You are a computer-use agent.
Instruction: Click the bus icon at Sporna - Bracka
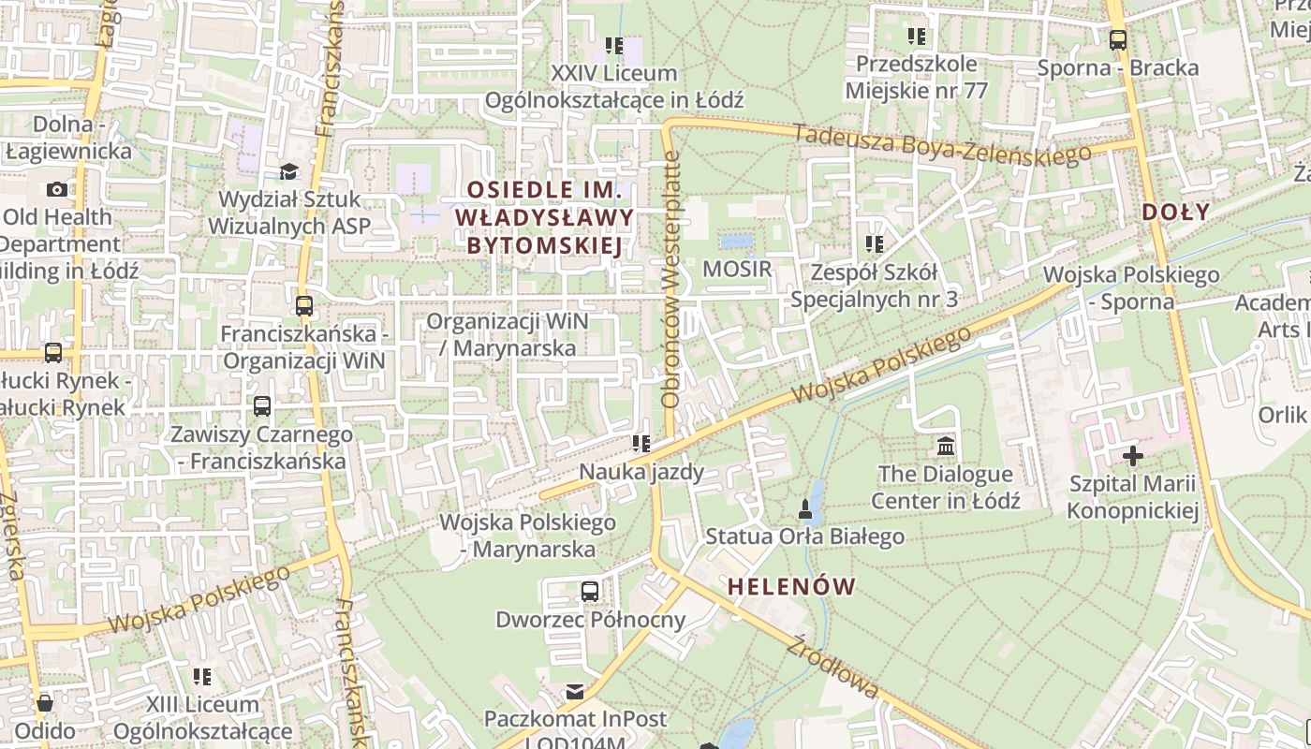(x=1117, y=40)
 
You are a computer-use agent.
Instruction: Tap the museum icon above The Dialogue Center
(x=946, y=445)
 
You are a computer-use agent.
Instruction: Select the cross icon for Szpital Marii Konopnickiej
(x=1133, y=456)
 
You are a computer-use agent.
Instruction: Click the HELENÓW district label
(x=791, y=587)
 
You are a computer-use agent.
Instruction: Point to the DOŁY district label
(x=1176, y=212)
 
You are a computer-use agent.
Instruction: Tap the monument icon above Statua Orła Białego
(x=803, y=508)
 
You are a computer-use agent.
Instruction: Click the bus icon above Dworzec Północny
(x=590, y=591)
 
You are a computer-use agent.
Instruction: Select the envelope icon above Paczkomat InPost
(x=575, y=691)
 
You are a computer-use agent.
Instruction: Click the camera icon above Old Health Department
(x=57, y=189)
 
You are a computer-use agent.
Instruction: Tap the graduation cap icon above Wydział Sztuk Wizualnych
(x=288, y=171)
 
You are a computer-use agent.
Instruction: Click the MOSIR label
(x=737, y=270)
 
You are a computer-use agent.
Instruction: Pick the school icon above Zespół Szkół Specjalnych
(x=874, y=244)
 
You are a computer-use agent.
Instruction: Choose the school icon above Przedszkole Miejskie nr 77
(x=916, y=37)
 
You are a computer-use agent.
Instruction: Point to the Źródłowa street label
(x=833, y=667)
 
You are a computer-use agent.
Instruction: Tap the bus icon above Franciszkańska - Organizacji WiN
(x=303, y=305)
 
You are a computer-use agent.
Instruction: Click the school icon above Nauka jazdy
(x=641, y=443)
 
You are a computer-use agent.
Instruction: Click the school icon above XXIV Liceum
(x=613, y=45)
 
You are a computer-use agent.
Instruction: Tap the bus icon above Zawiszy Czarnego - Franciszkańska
(x=262, y=406)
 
